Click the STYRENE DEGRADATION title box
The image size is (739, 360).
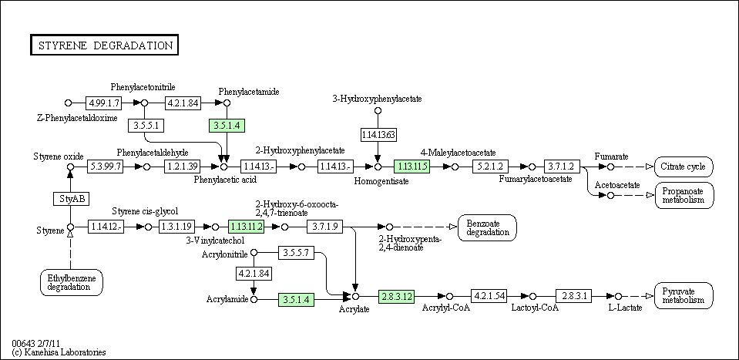point(104,45)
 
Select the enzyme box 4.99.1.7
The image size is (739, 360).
point(103,103)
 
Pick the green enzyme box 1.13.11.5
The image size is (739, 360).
point(412,167)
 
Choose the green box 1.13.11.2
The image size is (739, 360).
point(247,227)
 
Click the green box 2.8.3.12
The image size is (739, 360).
point(397,296)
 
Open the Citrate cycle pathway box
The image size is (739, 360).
point(684,167)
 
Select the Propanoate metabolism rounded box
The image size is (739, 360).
point(684,195)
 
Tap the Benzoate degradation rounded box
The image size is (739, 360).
point(487,227)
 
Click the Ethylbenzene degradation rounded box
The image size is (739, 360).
point(72,283)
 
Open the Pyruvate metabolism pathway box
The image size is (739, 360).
point(684,296)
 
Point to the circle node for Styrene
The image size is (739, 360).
point(71,227)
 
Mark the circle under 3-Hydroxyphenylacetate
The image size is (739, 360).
point(378,111)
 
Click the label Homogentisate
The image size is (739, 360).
point(381,181)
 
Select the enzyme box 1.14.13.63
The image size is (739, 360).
point(378,135)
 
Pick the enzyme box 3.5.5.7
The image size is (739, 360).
point(296,253)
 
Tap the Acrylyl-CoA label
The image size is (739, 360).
point(446,308)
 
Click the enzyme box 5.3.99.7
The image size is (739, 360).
point(105,167)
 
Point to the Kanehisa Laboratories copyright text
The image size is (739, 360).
point(59,352)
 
